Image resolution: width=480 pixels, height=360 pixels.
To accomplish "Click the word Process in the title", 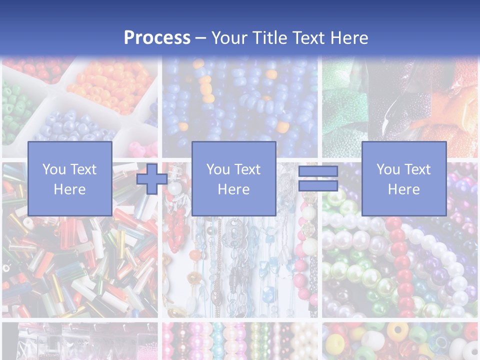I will click(157, 38).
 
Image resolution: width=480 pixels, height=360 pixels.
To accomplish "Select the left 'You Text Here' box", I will click(70, 178).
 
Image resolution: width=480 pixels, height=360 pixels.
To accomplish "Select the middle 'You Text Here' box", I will click(234, 178).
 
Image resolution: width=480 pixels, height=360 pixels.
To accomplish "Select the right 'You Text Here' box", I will click(404, 178).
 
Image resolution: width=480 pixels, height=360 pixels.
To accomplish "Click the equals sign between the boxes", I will click(318, 178).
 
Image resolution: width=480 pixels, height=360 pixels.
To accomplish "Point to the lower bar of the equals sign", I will click(318, 185).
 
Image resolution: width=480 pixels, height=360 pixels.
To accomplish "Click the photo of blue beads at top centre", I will click(240, 100).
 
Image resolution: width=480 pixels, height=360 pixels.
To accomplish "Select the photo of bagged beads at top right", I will click(400, 100).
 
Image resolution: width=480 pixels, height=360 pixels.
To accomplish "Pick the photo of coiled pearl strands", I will click(400, 265).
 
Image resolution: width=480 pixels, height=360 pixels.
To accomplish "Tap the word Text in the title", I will click(309, 38).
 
